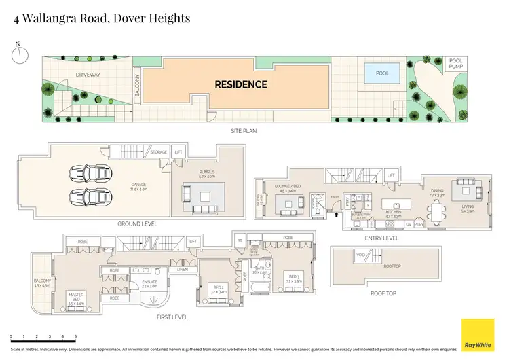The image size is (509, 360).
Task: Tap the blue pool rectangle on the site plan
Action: pos(382,73)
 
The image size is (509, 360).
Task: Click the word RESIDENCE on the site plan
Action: pos(240,85)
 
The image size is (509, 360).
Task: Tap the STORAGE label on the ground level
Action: pos(158,152)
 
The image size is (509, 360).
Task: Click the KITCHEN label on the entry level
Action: pos(394,213)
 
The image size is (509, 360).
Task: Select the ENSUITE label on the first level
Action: pos(149,283)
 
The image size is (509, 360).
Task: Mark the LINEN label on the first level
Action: pos(183,270)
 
